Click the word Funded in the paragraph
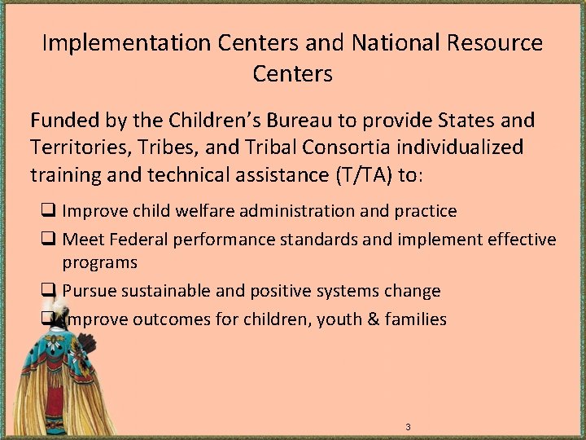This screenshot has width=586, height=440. point(65,121)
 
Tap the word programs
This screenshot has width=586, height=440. point(99,262)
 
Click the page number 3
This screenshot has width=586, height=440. point(408,428)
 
